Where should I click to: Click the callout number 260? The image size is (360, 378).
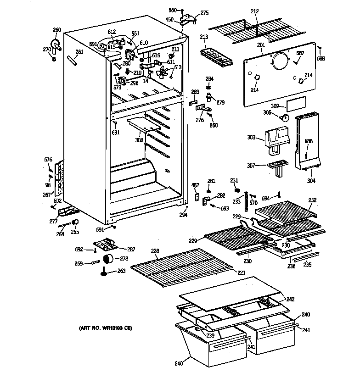[56, 30]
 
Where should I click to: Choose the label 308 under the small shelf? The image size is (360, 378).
[140, 140]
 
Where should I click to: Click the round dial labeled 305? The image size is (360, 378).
[286, 118]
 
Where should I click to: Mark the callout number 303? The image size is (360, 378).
[252, 137]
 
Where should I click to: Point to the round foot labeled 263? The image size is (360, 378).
[107, 274]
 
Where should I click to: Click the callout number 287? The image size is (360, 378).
[131, 250]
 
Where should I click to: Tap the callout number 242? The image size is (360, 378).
[290, 299]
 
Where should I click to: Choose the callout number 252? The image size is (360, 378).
[312, 200]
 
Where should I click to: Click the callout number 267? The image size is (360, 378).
[47, 195]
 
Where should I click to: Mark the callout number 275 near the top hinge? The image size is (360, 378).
[204, 13]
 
